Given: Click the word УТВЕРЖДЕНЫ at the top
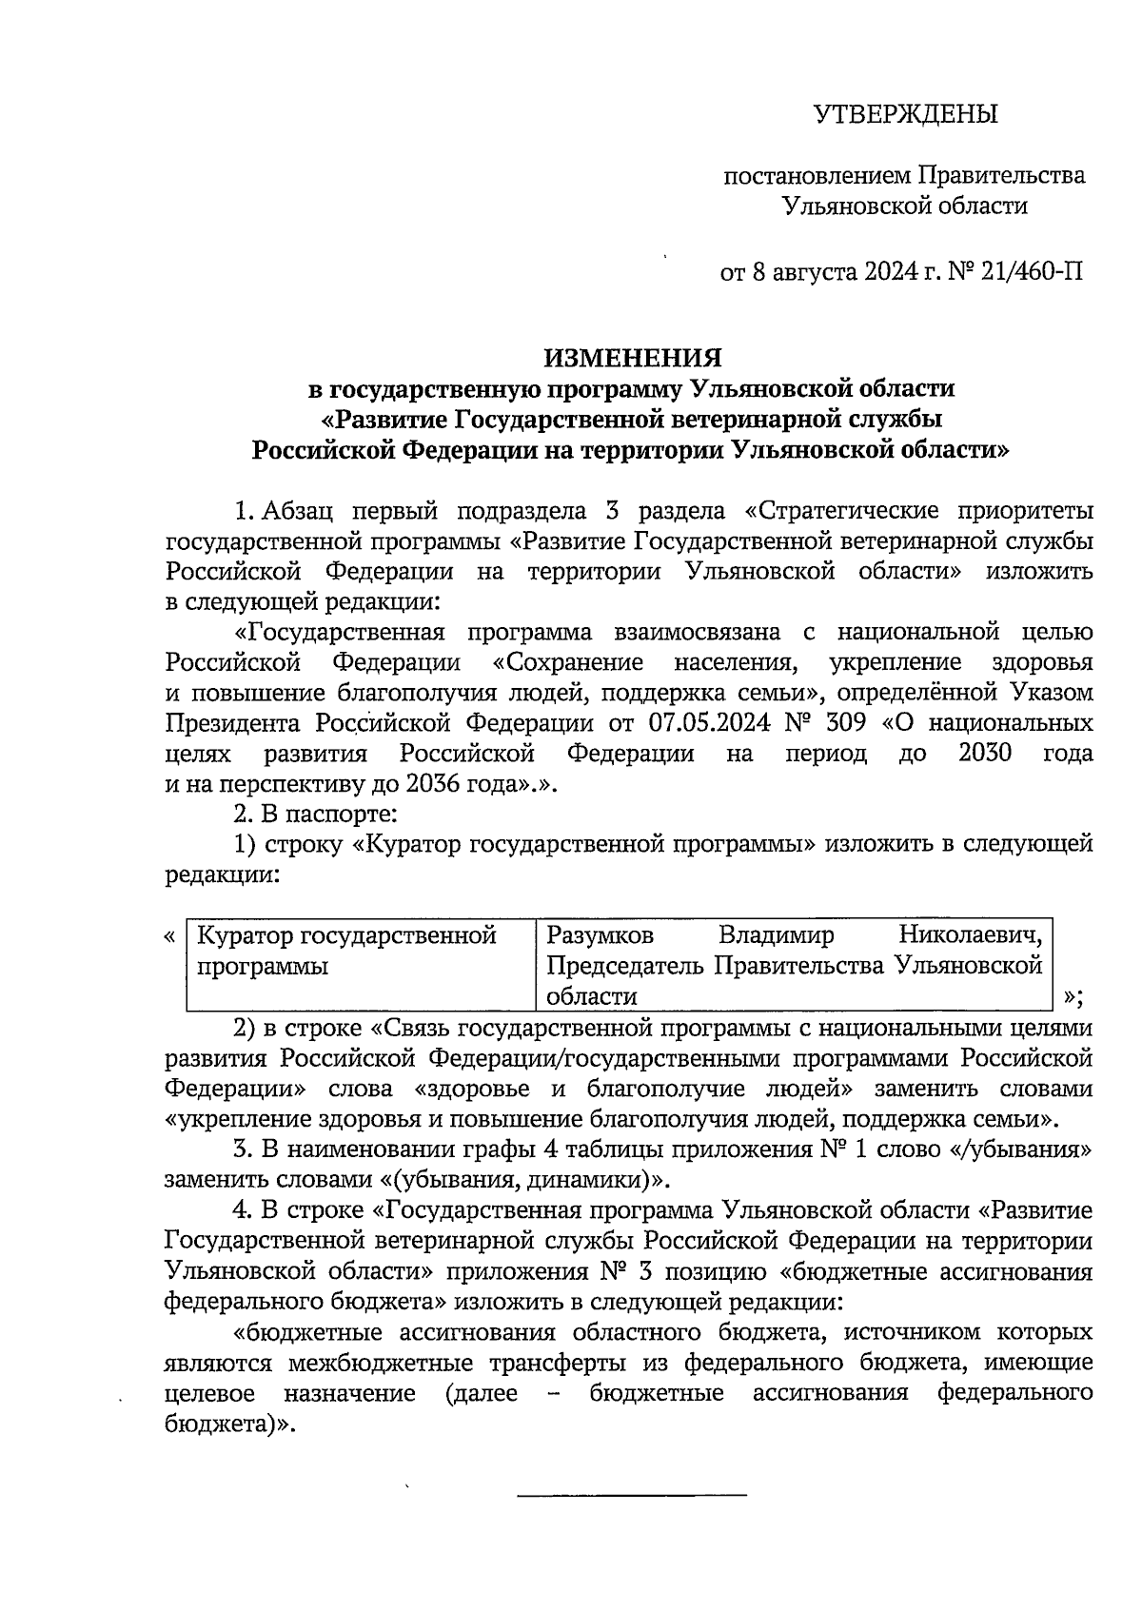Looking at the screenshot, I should point(905,115).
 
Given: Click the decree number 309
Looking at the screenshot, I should point(844,722).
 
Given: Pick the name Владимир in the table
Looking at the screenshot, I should point(776,935).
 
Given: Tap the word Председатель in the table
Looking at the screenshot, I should point(625,966).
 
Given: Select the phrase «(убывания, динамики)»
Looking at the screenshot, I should point(525,1179).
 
